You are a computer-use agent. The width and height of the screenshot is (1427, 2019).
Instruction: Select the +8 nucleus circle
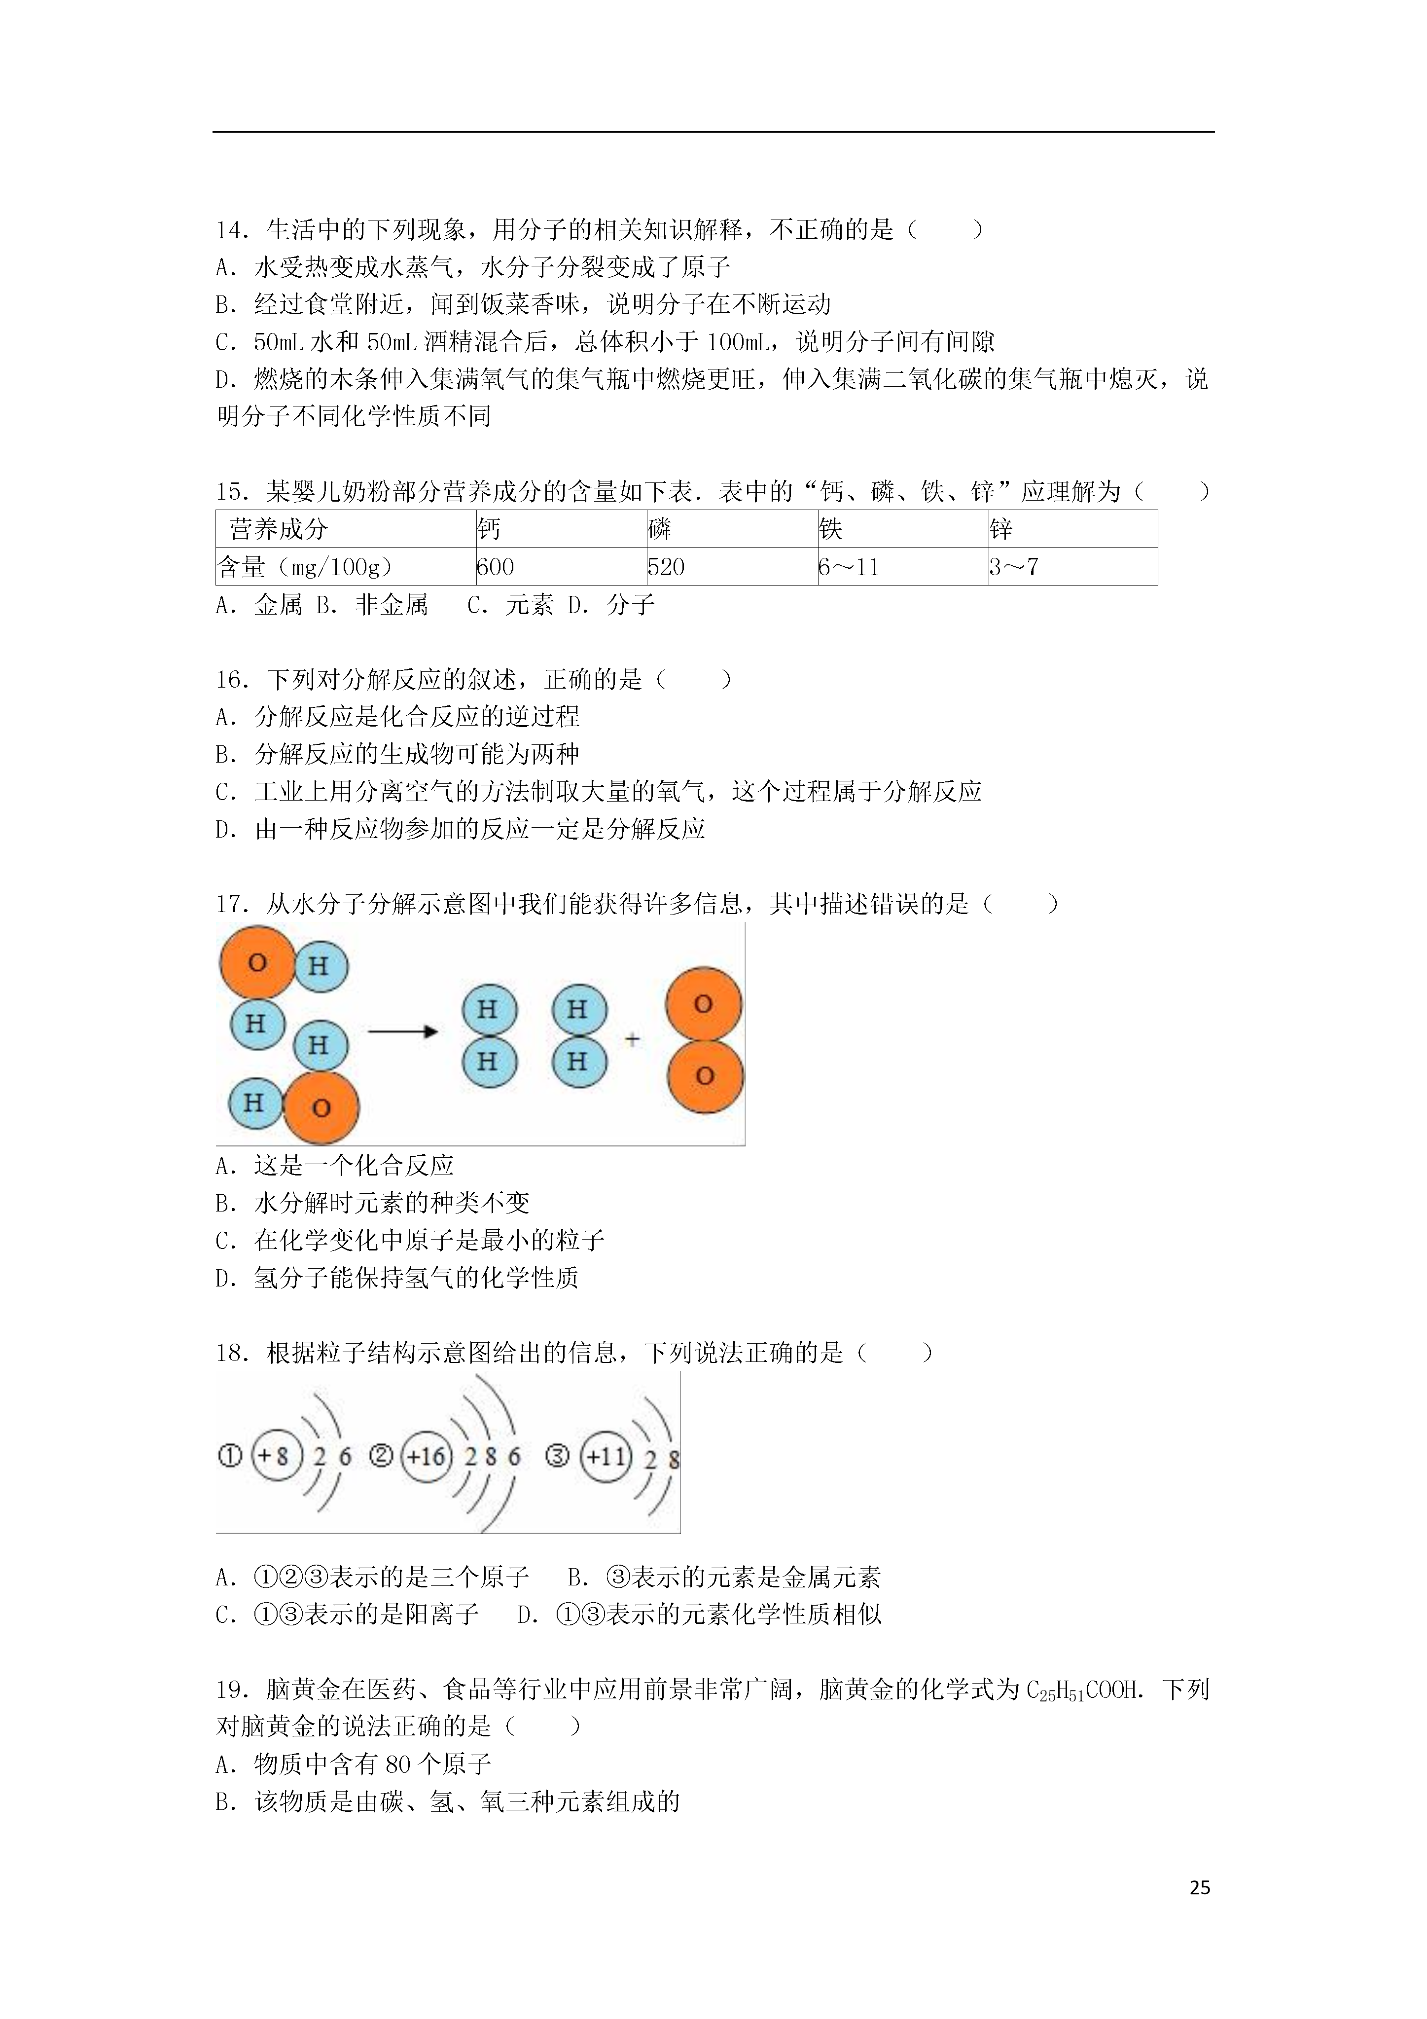[277, 1456]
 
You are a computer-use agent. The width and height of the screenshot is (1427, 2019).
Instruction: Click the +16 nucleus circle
[427, 1456]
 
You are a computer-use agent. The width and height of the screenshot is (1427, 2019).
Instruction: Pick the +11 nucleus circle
[606, 1456]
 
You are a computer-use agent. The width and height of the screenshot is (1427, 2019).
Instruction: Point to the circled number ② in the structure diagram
[380, 1456]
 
